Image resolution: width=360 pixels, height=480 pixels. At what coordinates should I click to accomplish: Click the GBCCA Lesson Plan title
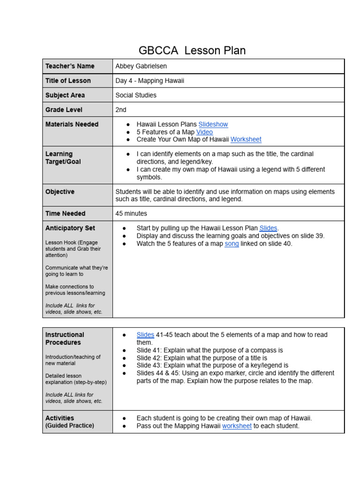(x=192, y=51)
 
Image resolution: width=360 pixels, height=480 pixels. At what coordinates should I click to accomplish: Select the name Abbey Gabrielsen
(x=141, y=66)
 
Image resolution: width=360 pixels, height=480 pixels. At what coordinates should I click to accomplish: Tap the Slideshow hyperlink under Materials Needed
(x=213, y=124)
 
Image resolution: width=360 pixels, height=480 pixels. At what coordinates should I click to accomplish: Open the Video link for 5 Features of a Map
(x=204, y=132)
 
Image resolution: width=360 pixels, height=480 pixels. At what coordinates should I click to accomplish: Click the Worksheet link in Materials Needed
(x=246, y=139)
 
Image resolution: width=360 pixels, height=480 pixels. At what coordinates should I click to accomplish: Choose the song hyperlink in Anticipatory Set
(x=232, y=244)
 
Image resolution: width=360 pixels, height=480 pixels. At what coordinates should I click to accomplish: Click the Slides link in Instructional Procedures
(x=145, y=335)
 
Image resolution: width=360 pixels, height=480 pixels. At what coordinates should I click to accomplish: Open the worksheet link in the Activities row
(x=237, y=426)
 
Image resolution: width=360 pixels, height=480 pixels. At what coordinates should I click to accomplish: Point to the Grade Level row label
(x=64, y=110)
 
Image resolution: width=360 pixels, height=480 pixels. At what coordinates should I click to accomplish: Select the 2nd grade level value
(x=121, y=110)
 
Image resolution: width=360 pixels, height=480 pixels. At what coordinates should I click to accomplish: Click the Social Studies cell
(x=136, y=95)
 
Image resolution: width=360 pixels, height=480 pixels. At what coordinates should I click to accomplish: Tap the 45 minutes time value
(x=131, y=213)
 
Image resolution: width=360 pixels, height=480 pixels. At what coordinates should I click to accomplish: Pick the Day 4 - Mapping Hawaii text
(x=150, y=81)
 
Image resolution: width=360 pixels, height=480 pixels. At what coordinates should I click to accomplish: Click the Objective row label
(x=60, y=192)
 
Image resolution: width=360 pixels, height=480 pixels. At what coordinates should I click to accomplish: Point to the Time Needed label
(x=66, y=213)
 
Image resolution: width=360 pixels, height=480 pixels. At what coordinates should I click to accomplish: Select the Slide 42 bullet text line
(x=202, y=358)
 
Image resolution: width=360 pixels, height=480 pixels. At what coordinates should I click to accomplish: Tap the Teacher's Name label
(x=70, y=66)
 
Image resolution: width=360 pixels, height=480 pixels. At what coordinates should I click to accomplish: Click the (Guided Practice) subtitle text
(x=70, y=426)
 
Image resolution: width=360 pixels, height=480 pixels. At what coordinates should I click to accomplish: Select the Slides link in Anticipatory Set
(x=268, y=228)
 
